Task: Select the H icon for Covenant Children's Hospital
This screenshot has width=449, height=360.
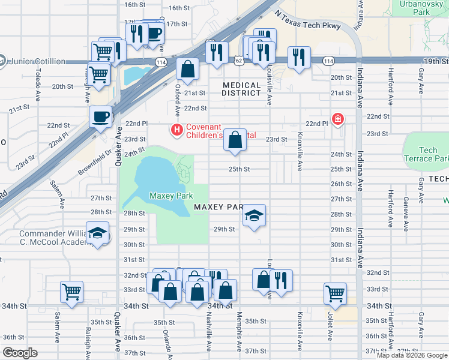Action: coord(176,129)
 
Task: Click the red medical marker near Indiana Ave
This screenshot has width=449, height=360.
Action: coord(338,119)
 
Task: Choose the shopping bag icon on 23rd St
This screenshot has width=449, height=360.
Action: coord(236,139)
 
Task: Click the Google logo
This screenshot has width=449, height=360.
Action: coord(19,353)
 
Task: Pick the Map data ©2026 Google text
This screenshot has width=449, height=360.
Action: coord(412,355)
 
